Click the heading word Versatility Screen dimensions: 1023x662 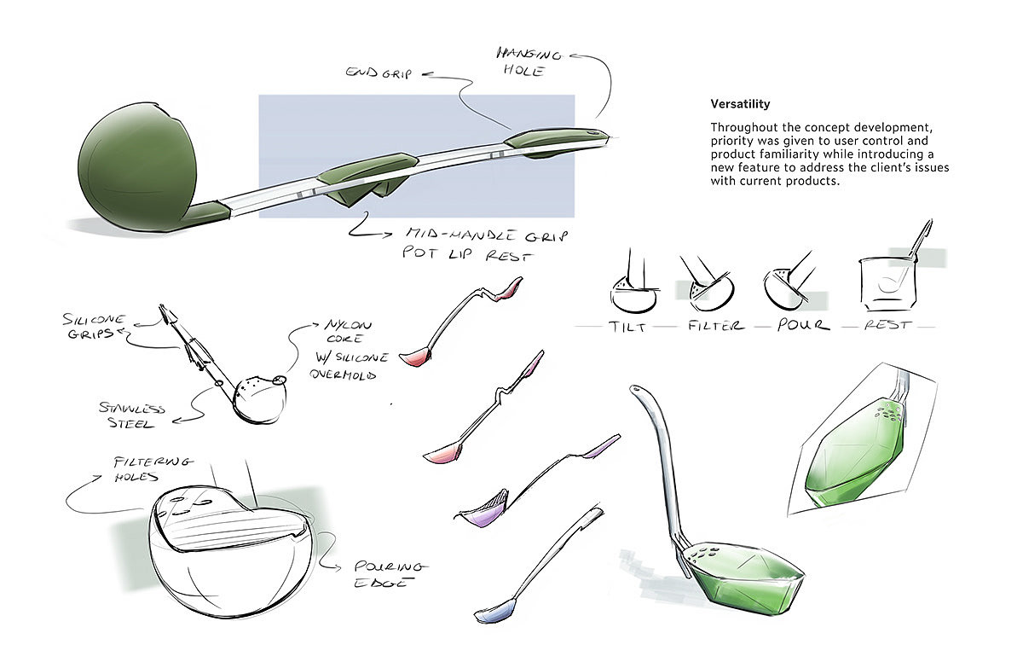pyautogui.click(x=740, y=104)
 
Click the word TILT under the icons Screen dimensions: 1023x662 pyautogui.click(x=628, y=325)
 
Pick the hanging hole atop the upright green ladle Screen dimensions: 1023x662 pyautogui.click(x=635, y=392)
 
